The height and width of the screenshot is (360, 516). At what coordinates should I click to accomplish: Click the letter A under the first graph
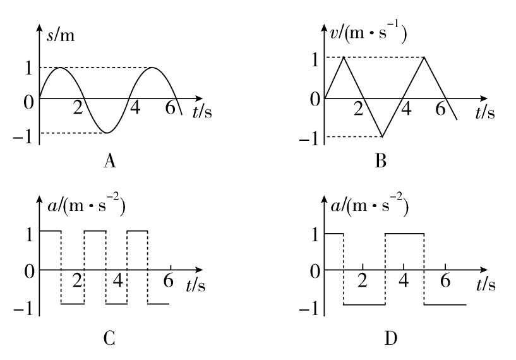pyautogui.click(x=110, y=161)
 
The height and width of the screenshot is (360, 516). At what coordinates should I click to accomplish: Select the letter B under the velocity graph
pyautogui.click(x=381, y=161)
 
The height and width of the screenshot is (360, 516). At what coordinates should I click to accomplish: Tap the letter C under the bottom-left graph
pyautogui.click(x=109, y=339)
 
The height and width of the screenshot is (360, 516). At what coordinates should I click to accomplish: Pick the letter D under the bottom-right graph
pyautogui.click(x=391, y=339)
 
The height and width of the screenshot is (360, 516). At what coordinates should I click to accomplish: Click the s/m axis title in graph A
pyautogui.click(x=61, y=35)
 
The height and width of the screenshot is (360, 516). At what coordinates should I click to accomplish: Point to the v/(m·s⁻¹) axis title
pyautogui.click(x=368, y=33)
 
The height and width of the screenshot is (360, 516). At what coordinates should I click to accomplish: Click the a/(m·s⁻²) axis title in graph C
pyautogui.click(x=87, y=206)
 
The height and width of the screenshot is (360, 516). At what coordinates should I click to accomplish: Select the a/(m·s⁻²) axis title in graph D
pyautogui.click(x=369, y=206)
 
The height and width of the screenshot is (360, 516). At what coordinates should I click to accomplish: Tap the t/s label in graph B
pyautogui.click(x=485, y=112)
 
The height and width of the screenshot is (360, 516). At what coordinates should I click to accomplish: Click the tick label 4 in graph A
pyautogui.click(x=135, y=107)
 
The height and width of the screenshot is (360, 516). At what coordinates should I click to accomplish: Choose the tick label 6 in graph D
pyautogui.click(x=445, y=280)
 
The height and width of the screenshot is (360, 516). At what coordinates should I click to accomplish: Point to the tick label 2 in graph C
pyautogui.click(x=76, y=280)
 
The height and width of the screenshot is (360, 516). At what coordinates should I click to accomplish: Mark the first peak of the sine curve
pyautogui.click(x=60, y=68)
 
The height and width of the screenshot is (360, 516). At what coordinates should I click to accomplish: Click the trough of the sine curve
pyautogui.click(x=107, y=133)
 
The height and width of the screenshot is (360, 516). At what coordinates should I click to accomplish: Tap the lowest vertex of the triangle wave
pyautogui.click(x=382, y=136)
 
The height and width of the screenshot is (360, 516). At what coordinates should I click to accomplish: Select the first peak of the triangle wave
pyautogui.click(x=344, y=57)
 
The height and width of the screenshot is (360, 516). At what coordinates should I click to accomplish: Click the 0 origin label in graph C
pyautogui.click(x=29, y=272)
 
